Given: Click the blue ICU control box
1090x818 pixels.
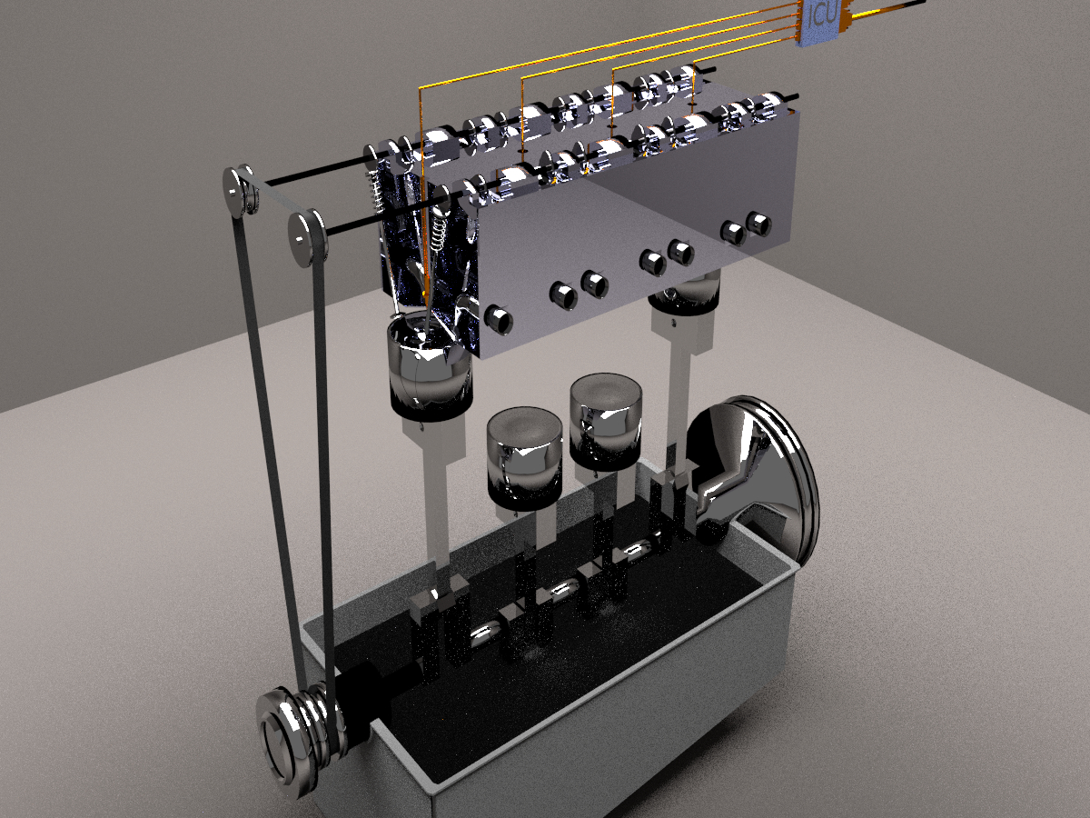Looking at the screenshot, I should [x=823, y=20].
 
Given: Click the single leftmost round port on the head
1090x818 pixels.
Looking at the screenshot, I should [x=499, y=318].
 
